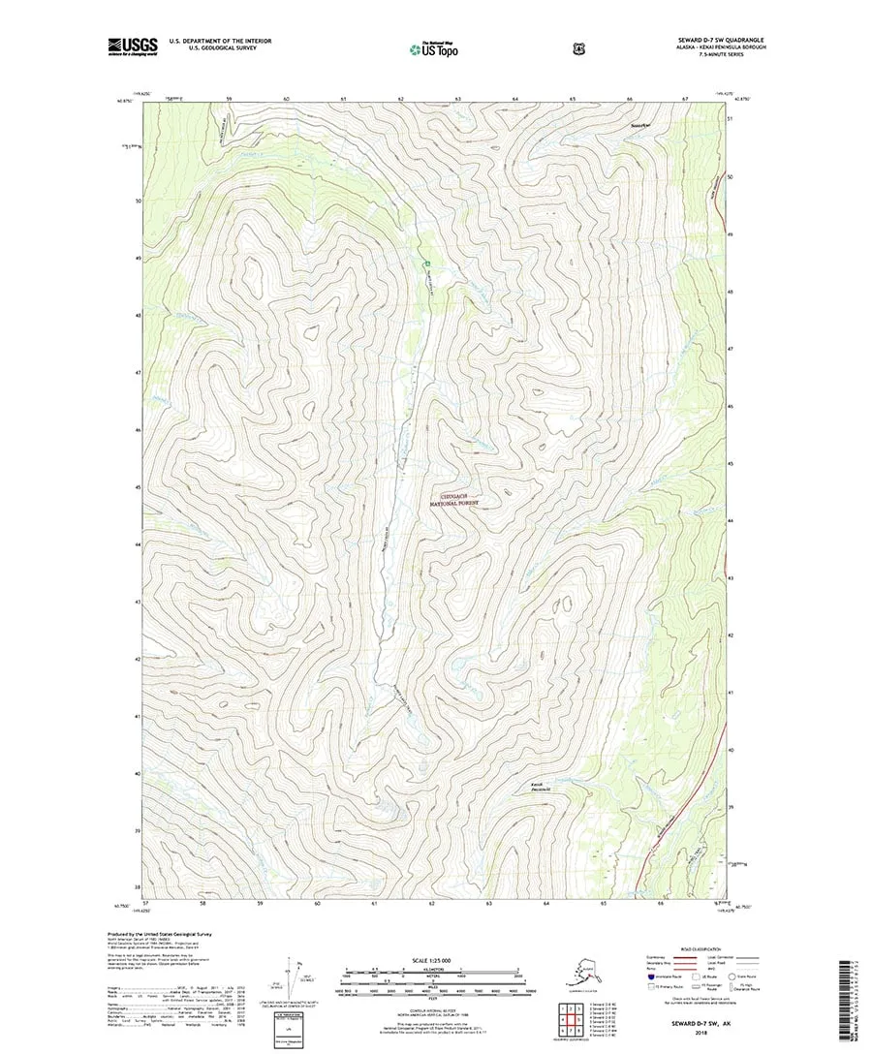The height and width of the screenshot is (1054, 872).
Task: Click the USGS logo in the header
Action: (x=135, y=45)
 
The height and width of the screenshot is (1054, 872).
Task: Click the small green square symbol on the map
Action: (x=424, y=263)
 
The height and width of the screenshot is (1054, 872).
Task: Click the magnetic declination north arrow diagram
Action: (x=292, y=978)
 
